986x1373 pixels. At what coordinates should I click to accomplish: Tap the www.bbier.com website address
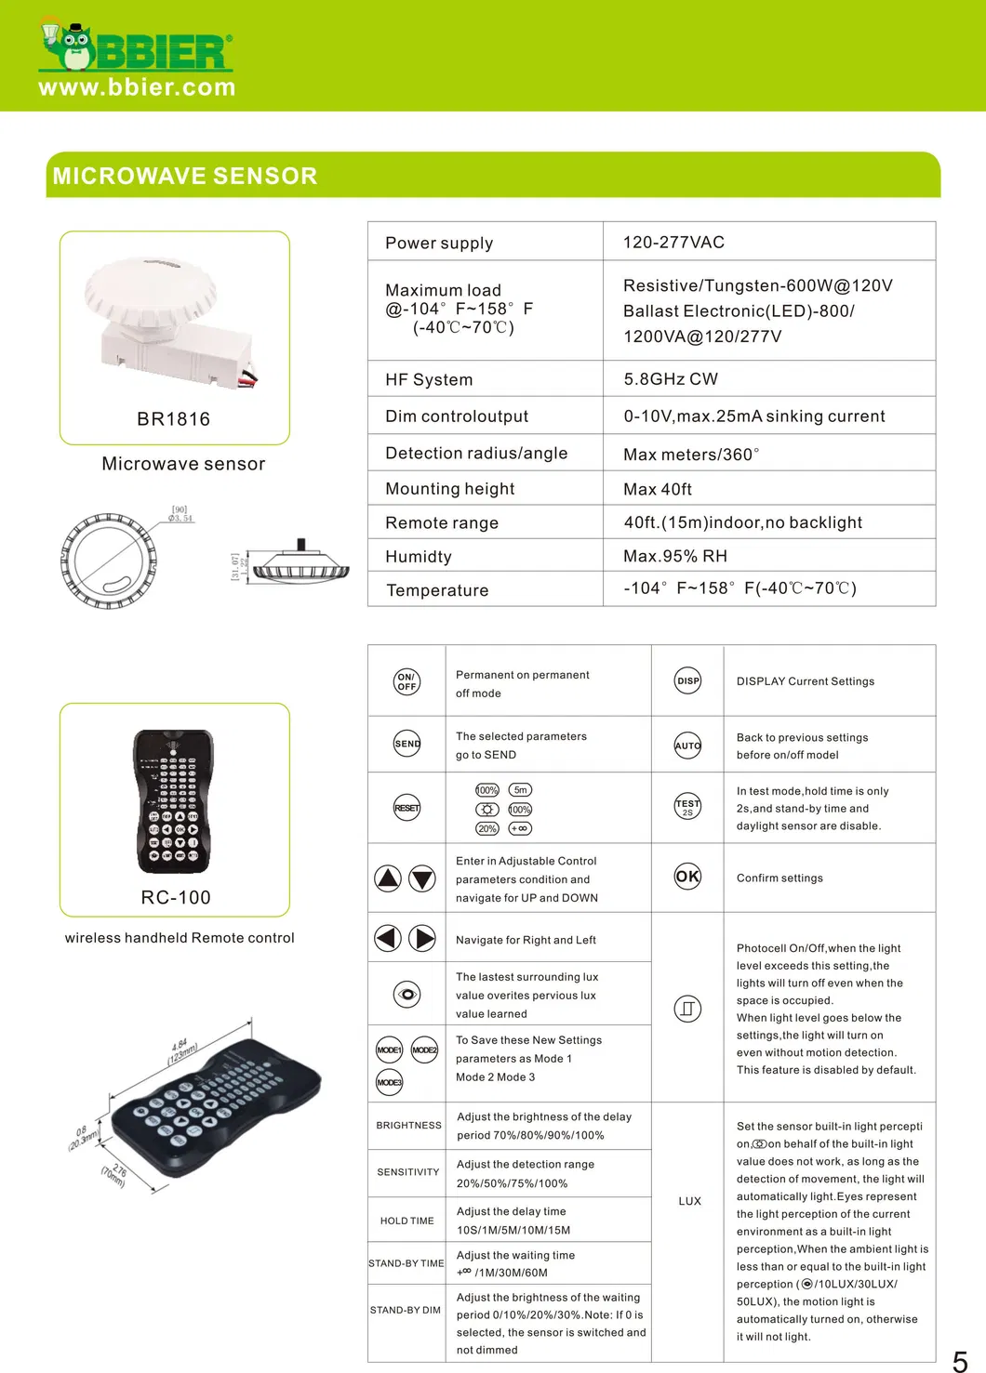coord(137,87)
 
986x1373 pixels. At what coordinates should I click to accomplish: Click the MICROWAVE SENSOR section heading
coord(185,176)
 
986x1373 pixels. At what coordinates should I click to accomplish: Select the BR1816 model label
coord(174,419)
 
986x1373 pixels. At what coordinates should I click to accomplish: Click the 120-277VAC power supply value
coord(673,243)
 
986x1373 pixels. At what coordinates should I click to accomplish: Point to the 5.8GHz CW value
coord(671,379)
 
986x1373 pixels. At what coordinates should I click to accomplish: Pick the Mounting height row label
coord(449,489)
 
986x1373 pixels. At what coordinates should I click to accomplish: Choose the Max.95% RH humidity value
coord(675,556)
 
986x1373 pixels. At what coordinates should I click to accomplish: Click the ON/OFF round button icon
coord(406,681)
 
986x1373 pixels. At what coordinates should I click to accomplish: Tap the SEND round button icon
coord(407,744)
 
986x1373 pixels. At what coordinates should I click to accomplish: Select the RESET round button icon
coord(407,808)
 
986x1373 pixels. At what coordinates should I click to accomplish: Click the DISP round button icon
coord(687,680)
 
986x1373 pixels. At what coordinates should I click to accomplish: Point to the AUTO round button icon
coord(687,746)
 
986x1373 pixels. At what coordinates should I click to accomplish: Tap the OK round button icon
coord(687,876)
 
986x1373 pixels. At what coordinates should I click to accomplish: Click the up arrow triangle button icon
coord(388,878)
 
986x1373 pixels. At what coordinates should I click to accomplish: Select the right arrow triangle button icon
coord(423,938)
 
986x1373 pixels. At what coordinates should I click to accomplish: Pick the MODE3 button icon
coord(389,1082)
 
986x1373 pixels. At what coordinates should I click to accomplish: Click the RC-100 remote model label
coord(176,898)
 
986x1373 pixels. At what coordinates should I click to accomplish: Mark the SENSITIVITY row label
coord(407,1172)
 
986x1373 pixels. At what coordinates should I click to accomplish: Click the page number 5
coord(960,1362)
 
